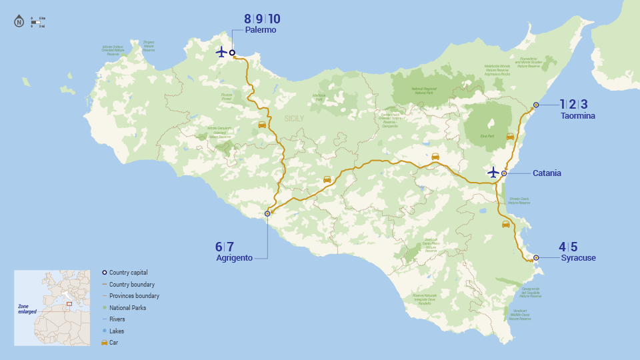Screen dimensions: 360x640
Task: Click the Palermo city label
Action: (260, 31)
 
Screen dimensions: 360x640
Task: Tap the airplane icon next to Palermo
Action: (221, 52)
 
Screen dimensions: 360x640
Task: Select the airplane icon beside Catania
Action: (493, 173)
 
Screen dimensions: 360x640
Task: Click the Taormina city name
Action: (577, 116)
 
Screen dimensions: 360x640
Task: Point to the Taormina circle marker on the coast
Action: (536, 105)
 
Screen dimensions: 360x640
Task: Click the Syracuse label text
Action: (578, 258)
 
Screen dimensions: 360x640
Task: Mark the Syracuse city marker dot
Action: (536, 257)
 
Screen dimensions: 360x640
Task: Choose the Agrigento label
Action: (234, 258)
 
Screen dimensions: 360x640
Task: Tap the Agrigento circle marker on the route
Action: (267, 213)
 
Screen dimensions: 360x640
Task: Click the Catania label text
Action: (547, 173)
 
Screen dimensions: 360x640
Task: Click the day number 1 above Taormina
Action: (562, 104)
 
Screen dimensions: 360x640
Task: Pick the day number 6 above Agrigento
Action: (219, 247)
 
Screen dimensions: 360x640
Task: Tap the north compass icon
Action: (19, 22)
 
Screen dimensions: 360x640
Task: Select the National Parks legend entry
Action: (127, 308)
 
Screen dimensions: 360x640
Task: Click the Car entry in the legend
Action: (113, 342)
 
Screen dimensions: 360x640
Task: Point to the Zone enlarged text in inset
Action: (27, 309)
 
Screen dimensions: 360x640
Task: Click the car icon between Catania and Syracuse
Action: (506, 225)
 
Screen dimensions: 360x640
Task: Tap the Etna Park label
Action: (487, 136)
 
